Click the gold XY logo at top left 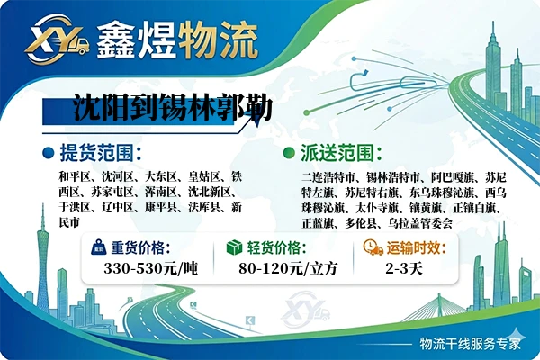(58, 39)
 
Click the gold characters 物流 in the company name (219, 40)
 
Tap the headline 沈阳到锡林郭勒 (173, 107)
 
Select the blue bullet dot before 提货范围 (49, 153)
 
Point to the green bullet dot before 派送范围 (289, 153)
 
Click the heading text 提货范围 (97, 153)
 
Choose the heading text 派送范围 (337, 153)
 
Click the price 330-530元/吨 (151, 269)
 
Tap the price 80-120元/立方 (288, 269)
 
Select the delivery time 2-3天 (404, 269)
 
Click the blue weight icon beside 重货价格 (98, 247)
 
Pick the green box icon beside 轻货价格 (234, 247)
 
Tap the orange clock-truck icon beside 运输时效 (373, 247)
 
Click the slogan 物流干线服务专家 (470, 344)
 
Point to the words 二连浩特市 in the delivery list (328, 178)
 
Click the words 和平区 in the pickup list (75, 177)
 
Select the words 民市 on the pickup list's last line (69, 222)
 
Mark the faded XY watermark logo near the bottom (305, 310)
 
